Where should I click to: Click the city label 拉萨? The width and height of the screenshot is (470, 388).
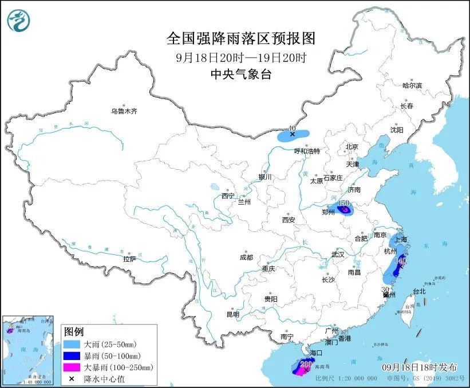click(129, 259)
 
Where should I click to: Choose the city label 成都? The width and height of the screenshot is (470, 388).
click(247, 257)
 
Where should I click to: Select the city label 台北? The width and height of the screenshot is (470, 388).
click(419, 291)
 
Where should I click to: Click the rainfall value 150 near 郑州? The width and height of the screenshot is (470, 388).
click(344, 203)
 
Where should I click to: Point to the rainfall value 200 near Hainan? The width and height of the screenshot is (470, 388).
click(306, 363)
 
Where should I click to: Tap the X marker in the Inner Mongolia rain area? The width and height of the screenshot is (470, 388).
click(293, 135)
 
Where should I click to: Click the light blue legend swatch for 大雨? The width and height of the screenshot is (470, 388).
click(73, 345)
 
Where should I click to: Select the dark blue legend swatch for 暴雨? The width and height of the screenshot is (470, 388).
click(73, 356)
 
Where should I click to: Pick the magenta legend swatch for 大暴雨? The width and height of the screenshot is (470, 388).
click(73, 367)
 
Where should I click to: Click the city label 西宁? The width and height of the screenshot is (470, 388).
click(228, 196)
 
